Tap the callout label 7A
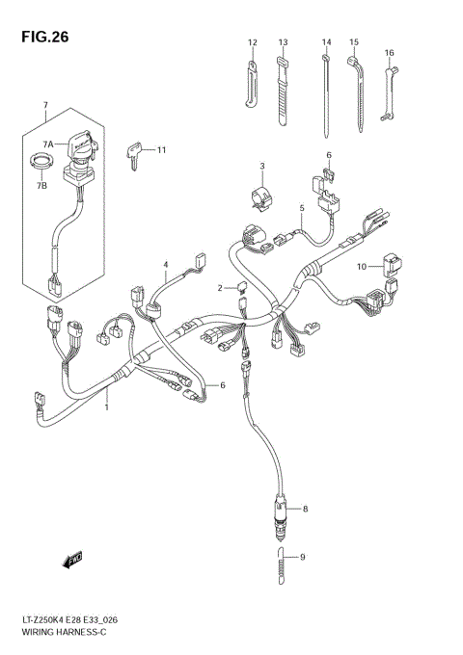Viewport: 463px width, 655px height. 46,143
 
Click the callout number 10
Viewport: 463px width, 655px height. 362,266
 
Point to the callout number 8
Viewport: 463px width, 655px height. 305,508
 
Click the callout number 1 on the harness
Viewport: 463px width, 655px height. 106,407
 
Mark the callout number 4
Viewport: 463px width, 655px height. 165,264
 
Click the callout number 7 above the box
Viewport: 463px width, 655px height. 44,104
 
